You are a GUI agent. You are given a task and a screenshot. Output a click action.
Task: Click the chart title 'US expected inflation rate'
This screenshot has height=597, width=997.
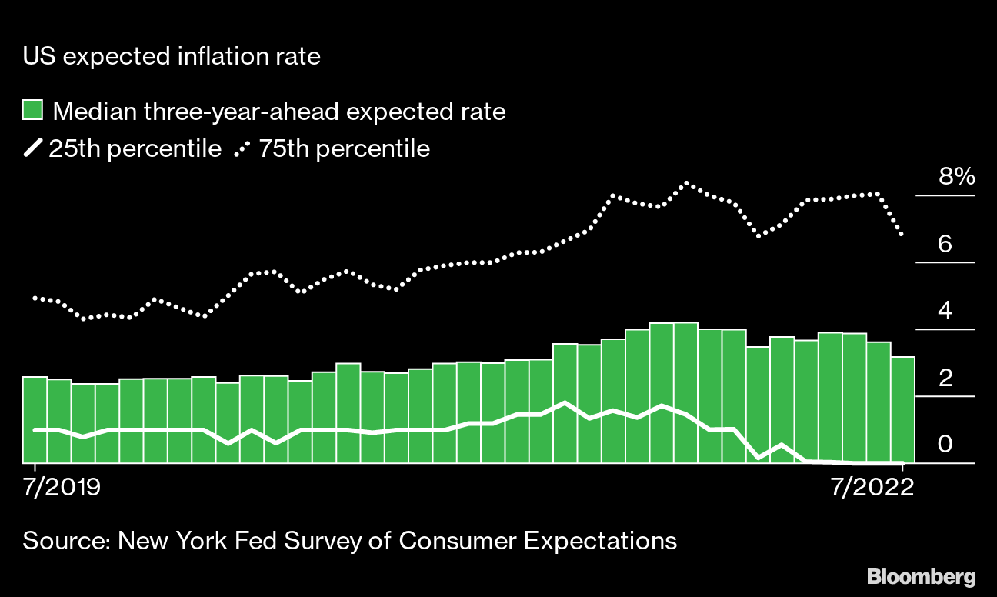[172, 56]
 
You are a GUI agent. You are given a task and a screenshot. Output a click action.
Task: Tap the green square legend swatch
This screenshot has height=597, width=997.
[32, 111]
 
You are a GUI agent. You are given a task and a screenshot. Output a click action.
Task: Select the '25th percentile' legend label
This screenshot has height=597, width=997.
[135, 148]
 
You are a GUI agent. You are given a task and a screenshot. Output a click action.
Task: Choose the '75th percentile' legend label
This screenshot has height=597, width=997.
[343, 148]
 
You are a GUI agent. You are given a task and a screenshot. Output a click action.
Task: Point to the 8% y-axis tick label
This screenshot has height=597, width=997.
[956, 178]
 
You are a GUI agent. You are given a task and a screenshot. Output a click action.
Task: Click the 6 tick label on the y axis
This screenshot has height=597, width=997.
[945, 245]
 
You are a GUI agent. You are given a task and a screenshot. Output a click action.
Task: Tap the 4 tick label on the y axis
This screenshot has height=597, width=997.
[945, 312]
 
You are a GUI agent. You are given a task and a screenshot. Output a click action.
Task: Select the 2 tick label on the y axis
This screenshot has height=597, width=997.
[945, 379]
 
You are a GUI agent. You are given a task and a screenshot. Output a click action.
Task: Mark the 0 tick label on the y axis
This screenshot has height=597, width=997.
[945, 445]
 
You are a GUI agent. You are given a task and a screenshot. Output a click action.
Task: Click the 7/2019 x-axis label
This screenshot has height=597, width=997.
[58, 489]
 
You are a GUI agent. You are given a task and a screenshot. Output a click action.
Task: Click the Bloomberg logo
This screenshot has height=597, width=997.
[921, 577]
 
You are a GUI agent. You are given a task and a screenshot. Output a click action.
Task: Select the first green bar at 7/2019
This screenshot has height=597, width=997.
[35, 420]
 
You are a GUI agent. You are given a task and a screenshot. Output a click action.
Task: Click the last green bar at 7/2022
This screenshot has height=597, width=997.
[902, 410]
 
